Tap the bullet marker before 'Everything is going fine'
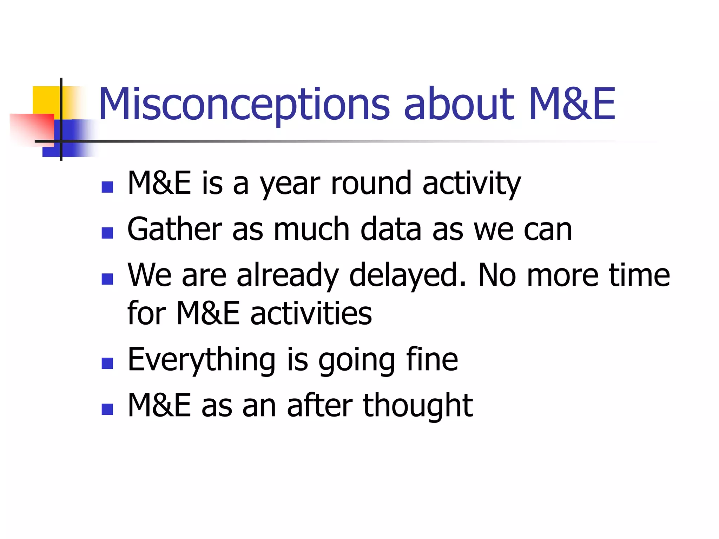pyautogui.click(x=107, y=363)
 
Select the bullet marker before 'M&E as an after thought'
pyautogui.click(x=107, y=409)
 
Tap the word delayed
pyautogui.click(x=407, y=275)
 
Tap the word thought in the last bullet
pyautogui.click(x=418, y=406)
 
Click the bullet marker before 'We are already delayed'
pyautogui.click(x=107, y=279)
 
